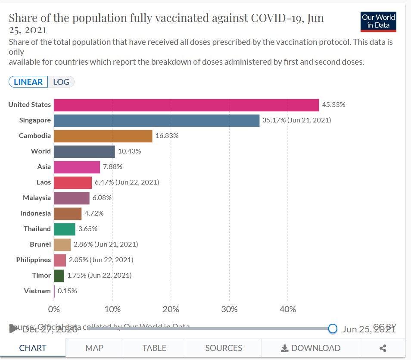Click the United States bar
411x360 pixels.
click(186, 105)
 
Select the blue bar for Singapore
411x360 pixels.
click(156, 120)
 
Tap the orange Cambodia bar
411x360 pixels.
click(103, 136)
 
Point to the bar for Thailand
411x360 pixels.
click(65, 229)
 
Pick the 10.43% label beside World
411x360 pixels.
click(129, 151)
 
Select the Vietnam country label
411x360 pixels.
click(37, 291)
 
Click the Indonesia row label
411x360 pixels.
click(35, 213)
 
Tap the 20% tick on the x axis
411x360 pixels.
click(171, 309)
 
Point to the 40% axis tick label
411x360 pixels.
click(288, 309)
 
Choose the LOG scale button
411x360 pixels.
click(61, 82)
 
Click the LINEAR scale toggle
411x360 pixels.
click(28, 82)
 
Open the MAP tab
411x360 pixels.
click(94, 348)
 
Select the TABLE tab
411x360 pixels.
click(154, 348)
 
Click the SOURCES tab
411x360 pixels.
click(224, 348)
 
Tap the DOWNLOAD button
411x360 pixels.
click(310, 348)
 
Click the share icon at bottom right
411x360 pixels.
click(383, 348)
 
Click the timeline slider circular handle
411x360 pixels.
click(332, 329)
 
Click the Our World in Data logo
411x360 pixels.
click(378, 22)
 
